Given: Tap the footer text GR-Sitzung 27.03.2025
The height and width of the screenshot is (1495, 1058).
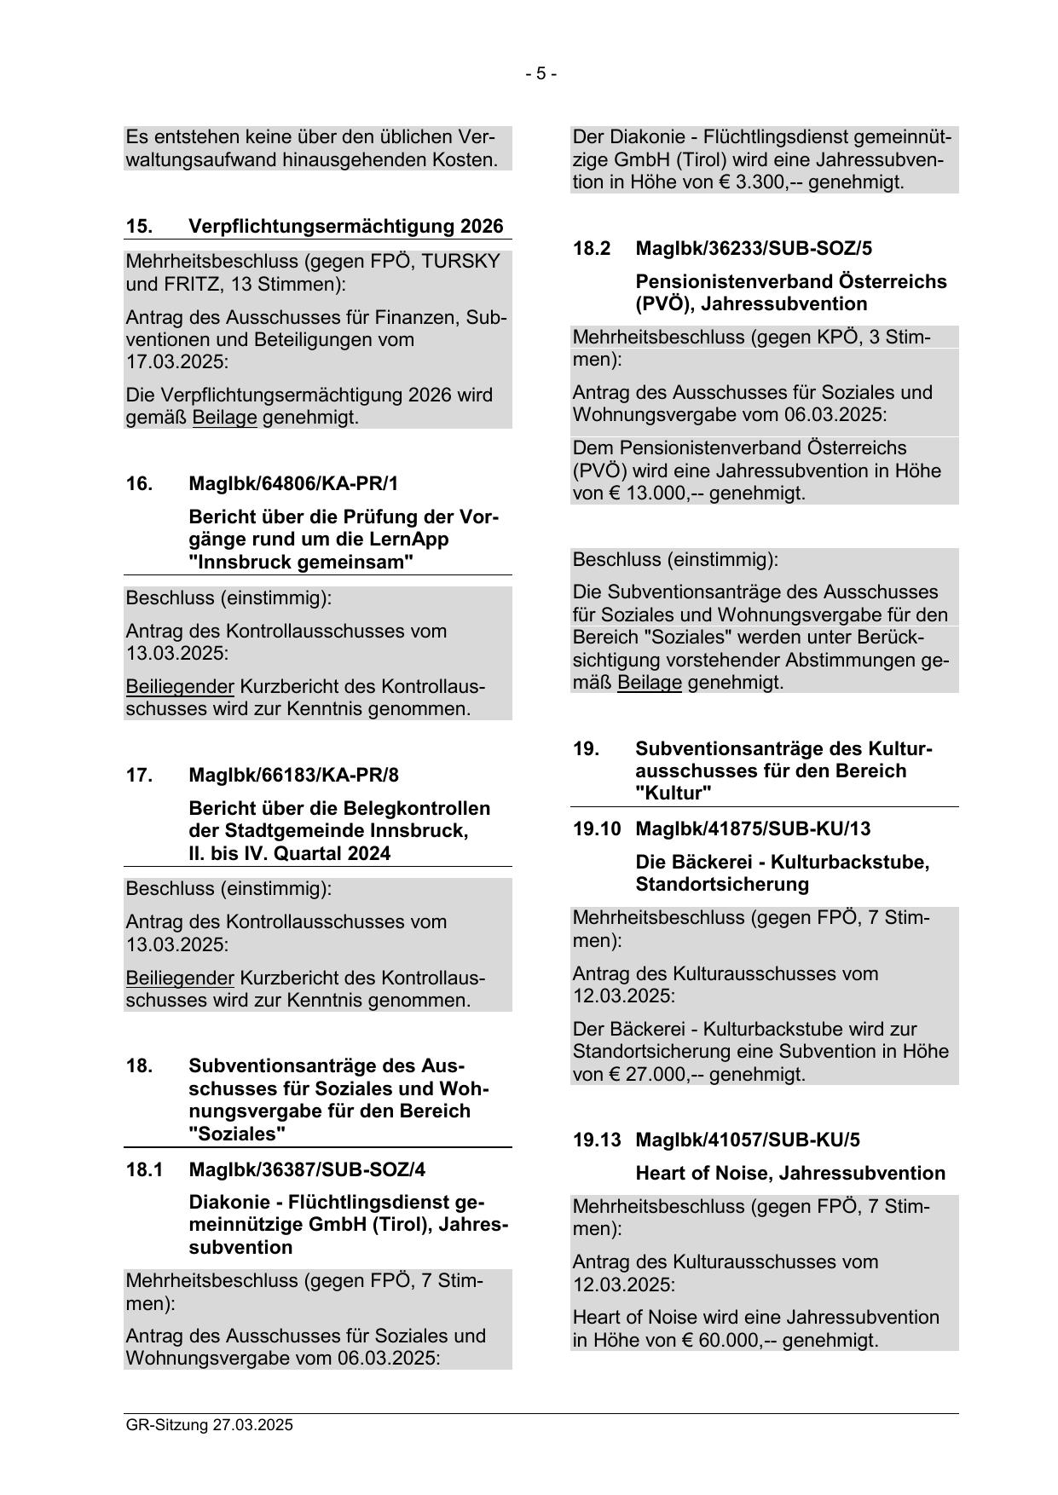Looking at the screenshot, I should [209, 1424].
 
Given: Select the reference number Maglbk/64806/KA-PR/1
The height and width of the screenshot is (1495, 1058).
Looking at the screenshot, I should [293, 484].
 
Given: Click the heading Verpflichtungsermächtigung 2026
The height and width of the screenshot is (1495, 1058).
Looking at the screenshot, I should [345, 227].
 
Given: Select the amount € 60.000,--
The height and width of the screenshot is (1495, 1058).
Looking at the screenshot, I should [734, 1340].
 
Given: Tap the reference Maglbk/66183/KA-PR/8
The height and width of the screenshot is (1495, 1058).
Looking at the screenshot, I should [293, 775].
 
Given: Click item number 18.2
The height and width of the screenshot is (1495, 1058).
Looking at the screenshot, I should [593, 249].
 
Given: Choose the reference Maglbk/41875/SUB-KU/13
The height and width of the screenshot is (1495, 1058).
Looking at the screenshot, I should [753, 828].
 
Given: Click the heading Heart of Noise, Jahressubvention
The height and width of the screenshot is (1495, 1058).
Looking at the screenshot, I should [789, 1173].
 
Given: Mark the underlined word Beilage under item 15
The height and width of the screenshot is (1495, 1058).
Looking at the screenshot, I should [225, 418].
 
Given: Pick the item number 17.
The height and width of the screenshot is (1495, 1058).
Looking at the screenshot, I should [139, 775].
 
